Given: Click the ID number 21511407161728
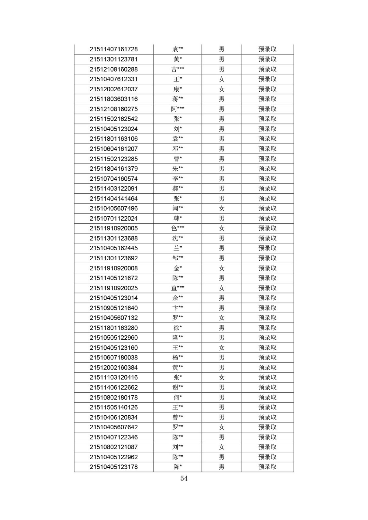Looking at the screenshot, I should click(x=114, y=49).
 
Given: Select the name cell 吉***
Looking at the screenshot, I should click(x=178, y=69).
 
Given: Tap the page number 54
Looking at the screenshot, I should click(x=184, y=478).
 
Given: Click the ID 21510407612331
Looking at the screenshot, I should click(x=114, y=79).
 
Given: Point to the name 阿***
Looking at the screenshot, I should click(x=178, y=109).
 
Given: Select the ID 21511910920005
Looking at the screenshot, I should click(x=114, y=228).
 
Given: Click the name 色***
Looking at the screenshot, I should click(x=178, y=228).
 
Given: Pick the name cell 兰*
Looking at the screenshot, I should click(x=178, y=248).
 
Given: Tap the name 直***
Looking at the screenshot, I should click(x=178, y=288).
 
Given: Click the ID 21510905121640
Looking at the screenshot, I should click(x=114, y=308).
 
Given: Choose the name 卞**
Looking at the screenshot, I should click(x=178, y=308).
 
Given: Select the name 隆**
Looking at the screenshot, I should click(x=178, y=338).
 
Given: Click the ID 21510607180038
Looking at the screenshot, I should click(x=114, y=357).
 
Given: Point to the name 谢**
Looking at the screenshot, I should click(x=178, y=387).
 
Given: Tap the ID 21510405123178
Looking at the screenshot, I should click(x=114, y=467).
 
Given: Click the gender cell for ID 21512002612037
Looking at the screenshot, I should click(x=222, y=89).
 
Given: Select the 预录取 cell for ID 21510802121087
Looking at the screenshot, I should click(x=267, y=447).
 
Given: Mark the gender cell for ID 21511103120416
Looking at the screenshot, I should click(x=222, y=378).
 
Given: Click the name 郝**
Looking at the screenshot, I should click(x=178, y=188).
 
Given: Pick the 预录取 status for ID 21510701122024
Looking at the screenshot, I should click(x=267, y=218).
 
